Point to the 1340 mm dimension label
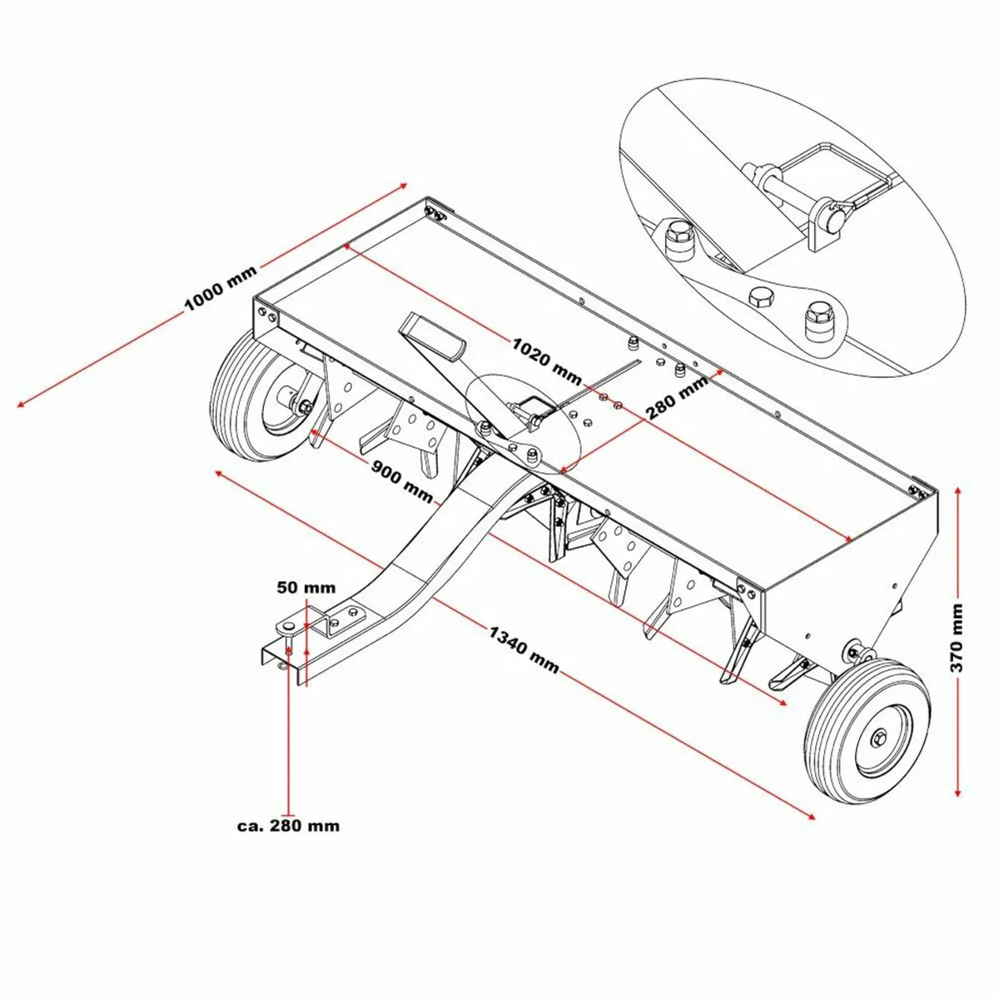524,650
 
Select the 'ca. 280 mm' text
288,826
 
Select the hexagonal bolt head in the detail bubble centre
761,297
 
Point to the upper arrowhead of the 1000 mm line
405,182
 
